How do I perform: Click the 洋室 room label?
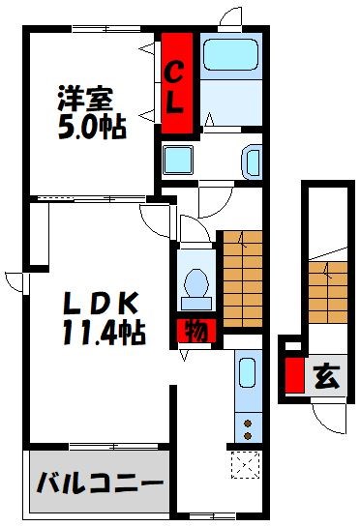(85, 98)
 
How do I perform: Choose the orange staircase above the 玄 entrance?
(326, 290)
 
